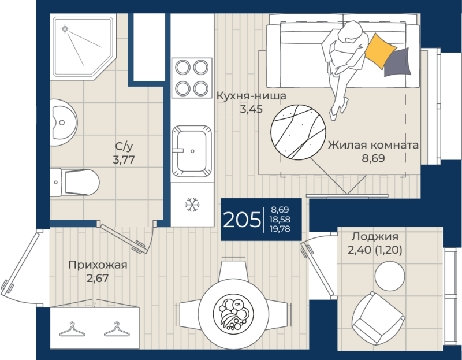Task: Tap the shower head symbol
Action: [65, 29]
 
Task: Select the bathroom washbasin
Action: [63, 123]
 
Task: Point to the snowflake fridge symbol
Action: [192, 205]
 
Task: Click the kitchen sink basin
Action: [192, 151]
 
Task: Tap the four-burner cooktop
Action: [192, 78]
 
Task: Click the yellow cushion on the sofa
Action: [380, 50]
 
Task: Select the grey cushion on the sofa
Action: [397, 62]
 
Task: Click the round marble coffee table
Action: [298, 132]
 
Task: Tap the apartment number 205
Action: [241, 220]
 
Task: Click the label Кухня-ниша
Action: [251, 96]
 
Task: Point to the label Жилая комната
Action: [373, 145]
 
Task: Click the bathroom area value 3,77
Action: [124, 160]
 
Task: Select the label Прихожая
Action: [98, 265]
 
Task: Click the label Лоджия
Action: [375, 236]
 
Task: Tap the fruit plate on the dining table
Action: [233, 314]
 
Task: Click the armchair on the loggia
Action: [379, 319]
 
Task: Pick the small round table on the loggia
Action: [390, 276]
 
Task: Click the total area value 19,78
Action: [280, 229]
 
